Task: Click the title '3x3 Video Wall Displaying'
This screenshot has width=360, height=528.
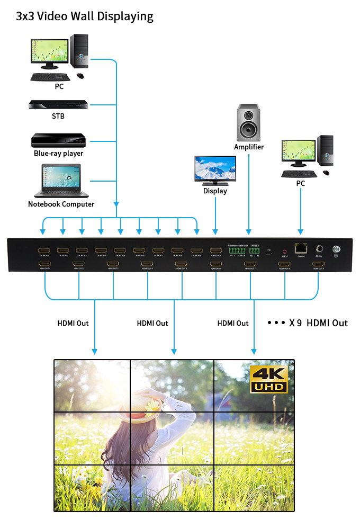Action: [85, 16]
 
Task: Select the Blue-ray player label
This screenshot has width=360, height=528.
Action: [59, 154]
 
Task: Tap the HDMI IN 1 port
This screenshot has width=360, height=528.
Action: [43, 250]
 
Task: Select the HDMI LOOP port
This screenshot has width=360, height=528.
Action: [215, 250]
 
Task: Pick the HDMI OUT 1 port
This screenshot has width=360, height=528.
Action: [45, 263]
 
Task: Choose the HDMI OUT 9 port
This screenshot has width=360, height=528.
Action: [318, 263]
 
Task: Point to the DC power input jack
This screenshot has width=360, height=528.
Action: [319, 248]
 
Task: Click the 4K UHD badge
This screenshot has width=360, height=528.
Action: [269, 379]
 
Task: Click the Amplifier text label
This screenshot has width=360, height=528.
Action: [249, 147]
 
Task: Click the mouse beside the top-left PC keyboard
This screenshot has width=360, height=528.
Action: [80, 76]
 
